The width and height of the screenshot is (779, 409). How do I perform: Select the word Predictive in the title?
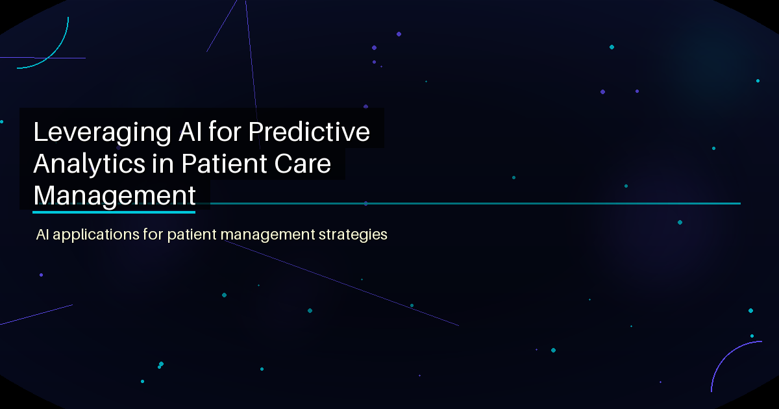point(310,132)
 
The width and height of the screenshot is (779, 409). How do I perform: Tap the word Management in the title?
point(114,195)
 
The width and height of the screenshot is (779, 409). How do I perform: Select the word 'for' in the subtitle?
point(154,234)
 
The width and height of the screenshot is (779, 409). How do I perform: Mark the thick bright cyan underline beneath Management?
point(114,212)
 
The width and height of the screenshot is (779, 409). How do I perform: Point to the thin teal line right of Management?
point(474,204)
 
